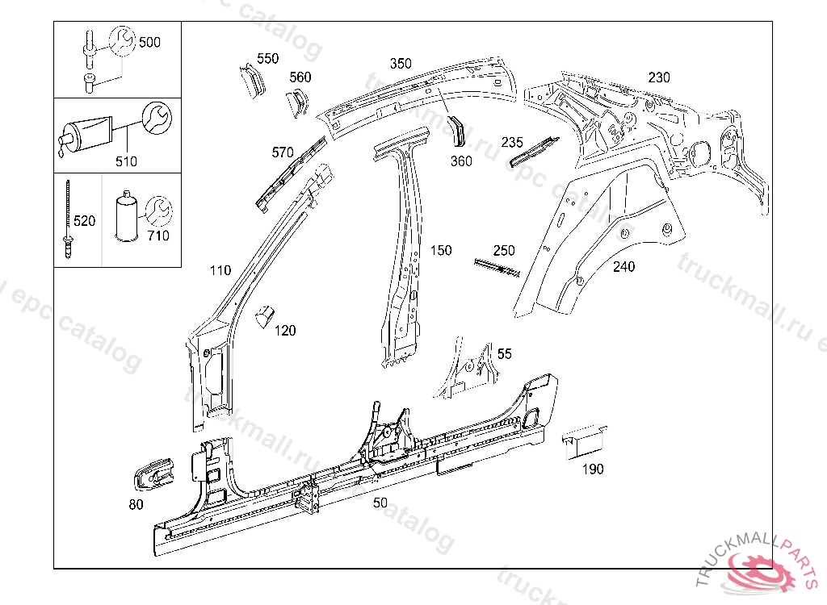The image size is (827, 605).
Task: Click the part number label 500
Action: [x=149, y=42]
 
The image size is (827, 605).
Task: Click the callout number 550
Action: [x=267, y=58]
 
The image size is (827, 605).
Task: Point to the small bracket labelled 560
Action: [x=296, y=103]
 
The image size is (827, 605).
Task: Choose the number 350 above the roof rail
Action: [x=401, y=64]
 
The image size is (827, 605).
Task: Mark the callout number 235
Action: [x=512, y=142]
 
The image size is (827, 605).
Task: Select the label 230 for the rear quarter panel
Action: [x=659, y=77]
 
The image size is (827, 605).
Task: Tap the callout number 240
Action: [x=623, y=267]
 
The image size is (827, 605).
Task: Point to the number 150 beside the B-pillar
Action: [x=441, y=251]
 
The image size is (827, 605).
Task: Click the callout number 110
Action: [x=220, y=270]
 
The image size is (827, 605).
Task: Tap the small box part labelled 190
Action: [x=585, y=440]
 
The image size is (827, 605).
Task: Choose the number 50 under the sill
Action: [x=380, y=503]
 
